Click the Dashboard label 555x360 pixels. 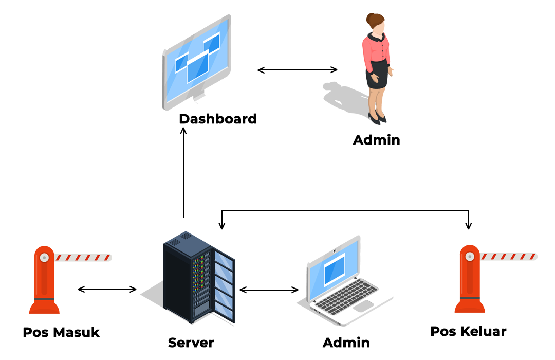[x=218, y=119]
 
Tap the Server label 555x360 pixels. [x=191, y=343]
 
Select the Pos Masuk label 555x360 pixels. [x=61, y=332]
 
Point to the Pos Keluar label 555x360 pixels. [x=468, y=331]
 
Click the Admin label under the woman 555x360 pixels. [x=377, y=140]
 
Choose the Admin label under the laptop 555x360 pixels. [x=346, y=343]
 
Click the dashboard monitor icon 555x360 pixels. [x=197, y=62]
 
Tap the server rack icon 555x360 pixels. [x=199, y=277]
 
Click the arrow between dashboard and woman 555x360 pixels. [x=298, y=70]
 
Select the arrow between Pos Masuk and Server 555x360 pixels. [x=107, y=290]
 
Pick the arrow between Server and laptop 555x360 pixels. [x=269, y=290]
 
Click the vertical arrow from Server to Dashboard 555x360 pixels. [x=183, y=173]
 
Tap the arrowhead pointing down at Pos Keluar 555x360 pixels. [x=469, y=225]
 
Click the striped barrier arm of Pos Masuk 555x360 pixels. [x=84, y=258]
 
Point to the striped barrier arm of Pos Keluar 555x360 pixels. [x=509, y=257]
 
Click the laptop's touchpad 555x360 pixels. [x=363, y=306]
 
